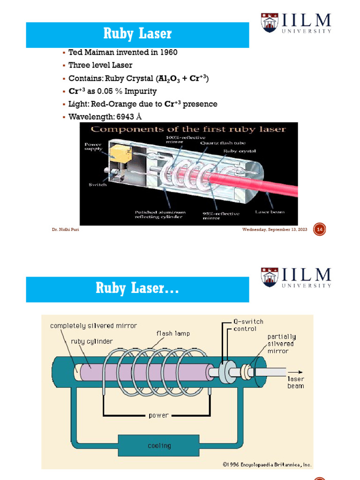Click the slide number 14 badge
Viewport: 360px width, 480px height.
point(320,230)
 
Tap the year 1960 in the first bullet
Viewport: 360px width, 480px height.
point(168,52)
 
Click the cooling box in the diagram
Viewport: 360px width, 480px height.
point(159,445)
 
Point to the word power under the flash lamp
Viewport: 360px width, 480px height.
point(158,415)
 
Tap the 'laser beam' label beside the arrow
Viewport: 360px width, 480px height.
point(295,382)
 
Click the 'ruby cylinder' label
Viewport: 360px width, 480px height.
point(92,341)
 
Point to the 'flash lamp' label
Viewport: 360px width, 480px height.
point(173,334)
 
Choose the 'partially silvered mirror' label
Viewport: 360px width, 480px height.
point(282,344)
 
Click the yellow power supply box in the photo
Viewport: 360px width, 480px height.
point(117,152)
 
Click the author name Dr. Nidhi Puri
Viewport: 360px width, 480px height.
point(65,230)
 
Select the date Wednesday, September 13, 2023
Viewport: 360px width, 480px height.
point(275,230)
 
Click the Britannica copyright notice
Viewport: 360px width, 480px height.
point(267,465)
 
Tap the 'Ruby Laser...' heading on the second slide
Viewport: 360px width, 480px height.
point(137,288)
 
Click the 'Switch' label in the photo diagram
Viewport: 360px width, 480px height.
point(98,185)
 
